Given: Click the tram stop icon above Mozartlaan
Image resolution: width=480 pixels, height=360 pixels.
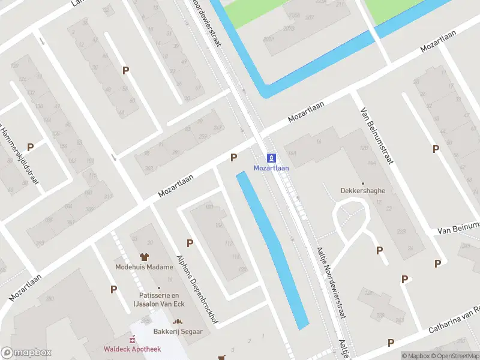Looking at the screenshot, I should [x=271, y=158].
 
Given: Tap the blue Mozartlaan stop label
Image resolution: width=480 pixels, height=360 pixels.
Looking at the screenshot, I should [x=271, y=168].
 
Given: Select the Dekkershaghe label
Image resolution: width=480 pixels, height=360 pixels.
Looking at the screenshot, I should [x=362, y=191].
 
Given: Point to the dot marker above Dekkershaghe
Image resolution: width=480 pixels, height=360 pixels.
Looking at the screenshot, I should [x=362, y=183].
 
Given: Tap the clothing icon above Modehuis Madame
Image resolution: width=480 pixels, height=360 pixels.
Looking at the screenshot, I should [x=143, y=257].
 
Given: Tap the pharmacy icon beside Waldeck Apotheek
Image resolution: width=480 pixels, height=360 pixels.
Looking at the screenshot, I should [x=133, y=340].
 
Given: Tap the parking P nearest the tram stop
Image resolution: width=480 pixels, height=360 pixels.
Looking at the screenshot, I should [x=233, y=157].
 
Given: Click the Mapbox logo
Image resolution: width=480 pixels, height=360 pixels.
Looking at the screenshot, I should [x=26, y=353].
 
